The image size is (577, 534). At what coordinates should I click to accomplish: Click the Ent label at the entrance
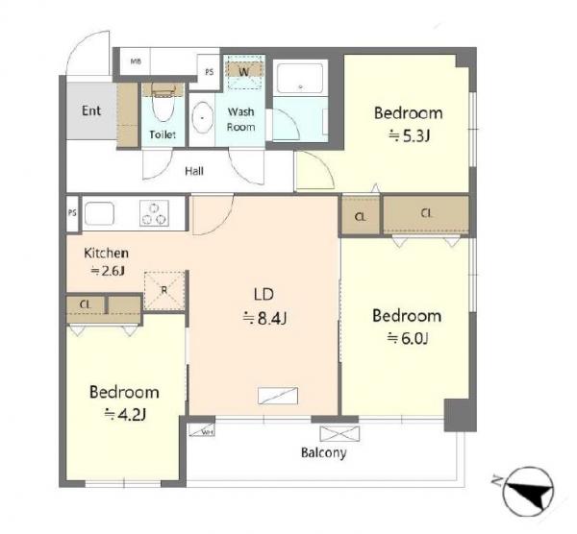click(90, 110)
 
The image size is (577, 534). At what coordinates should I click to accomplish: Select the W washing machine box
click(243, 71)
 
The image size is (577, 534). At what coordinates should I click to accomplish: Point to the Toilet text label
click(161, 136)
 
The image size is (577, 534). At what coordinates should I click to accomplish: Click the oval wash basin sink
click(203, 118)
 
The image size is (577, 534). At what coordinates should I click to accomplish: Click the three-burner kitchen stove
click(152, 212)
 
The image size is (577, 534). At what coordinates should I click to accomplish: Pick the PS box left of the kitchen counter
click(72, 212)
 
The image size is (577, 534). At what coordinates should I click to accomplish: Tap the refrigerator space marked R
click(163, 289)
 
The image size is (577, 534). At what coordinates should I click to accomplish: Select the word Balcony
click(323, 452)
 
